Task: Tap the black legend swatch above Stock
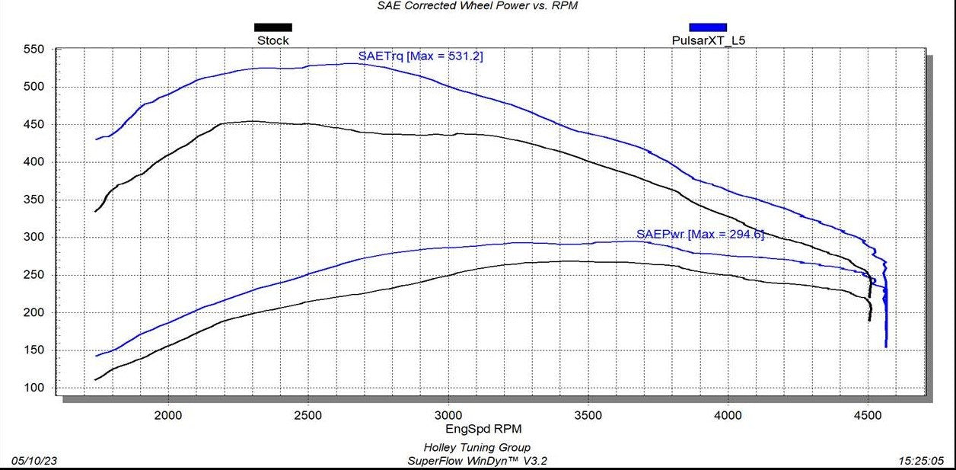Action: [x=272, y=27]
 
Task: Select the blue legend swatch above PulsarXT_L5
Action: [x=708, y=27]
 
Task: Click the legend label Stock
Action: [x=272, y=40]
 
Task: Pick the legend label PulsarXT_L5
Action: [x=708, y=40]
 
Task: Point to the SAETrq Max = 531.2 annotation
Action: [x=420, y=56]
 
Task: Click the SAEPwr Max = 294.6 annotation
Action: [x=699, y=234]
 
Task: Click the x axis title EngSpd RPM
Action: [x=477, y=429]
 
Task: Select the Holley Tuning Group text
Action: [x=476, y=448]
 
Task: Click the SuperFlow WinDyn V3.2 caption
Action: [x=476, y=461]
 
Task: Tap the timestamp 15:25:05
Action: [x=923, y=461]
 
